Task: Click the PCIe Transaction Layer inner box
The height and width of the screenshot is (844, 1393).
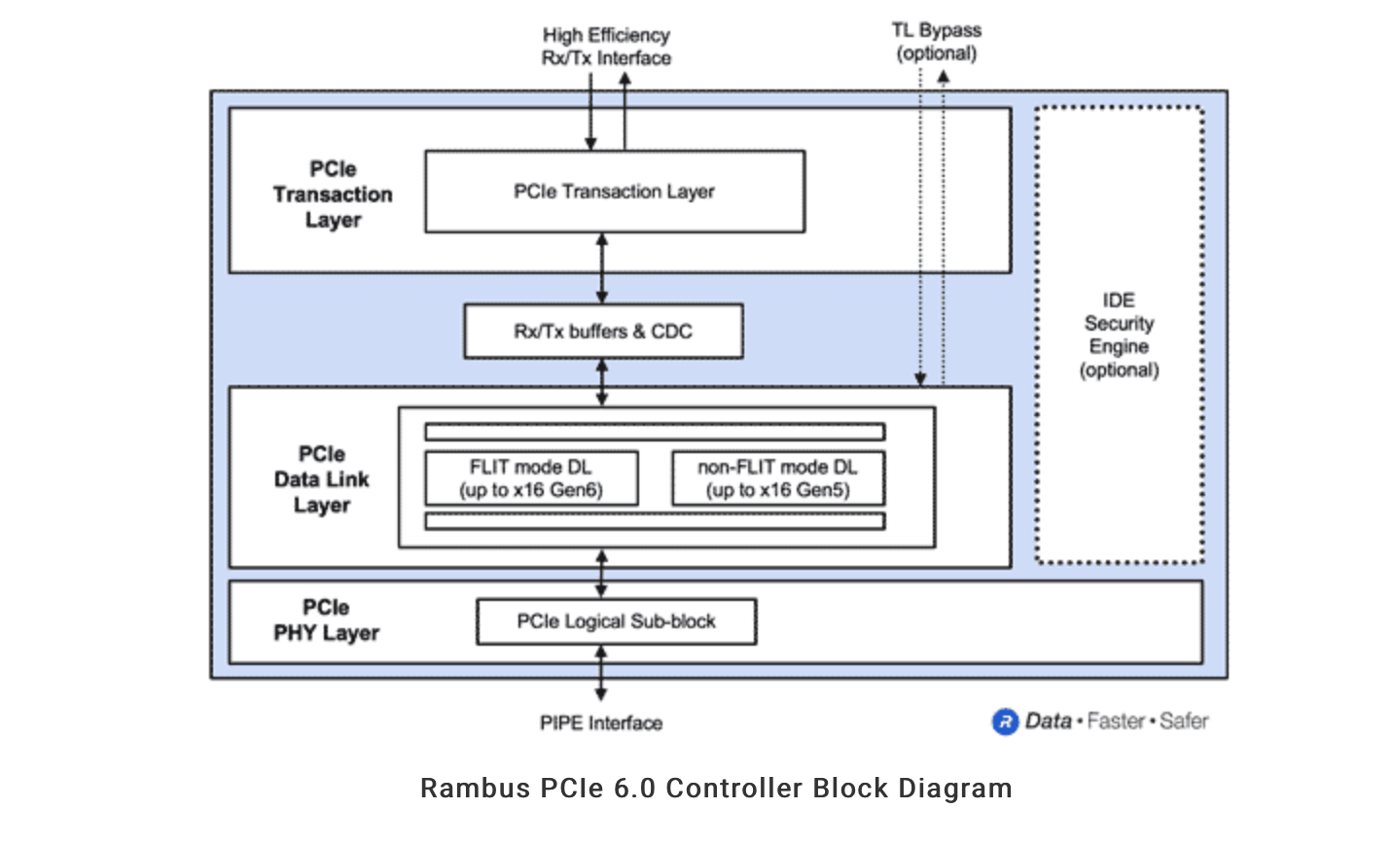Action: (x=614, y=192)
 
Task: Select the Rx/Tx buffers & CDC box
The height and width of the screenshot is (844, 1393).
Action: (x=603, y=332)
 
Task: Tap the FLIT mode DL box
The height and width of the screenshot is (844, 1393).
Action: (x=531, y=478)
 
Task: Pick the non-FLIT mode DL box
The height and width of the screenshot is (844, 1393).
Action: (x=777, y=478)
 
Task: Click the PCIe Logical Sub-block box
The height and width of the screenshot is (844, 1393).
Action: (x=616, y=621)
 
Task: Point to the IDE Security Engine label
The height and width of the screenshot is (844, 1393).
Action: (x=1119, y=334)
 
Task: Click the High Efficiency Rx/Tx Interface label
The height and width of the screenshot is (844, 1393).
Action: (x=606, y=47)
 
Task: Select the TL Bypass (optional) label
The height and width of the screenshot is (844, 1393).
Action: (x=936, y=42)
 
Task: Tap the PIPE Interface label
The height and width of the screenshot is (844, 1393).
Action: (x=601, y=722)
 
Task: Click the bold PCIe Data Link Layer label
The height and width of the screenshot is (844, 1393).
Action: (x=322, y=479)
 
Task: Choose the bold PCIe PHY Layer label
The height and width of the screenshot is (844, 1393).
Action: (x=326, y=620)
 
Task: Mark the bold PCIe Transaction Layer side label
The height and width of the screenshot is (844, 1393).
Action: (x=333, y=194)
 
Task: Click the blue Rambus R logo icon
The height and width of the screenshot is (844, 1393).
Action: (x=1004, y=721)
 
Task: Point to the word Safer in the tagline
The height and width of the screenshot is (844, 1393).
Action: (x=1184, y=721)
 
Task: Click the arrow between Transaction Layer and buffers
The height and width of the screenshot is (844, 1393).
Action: (x=602, y=268)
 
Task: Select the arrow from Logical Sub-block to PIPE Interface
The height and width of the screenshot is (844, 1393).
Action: (x=601, y=673)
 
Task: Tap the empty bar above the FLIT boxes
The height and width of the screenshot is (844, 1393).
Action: (x=654, y=432)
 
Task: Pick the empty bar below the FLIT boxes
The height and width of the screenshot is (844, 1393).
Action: (x=654, y=521)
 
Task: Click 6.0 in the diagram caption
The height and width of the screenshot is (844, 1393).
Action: (x=633, y=788)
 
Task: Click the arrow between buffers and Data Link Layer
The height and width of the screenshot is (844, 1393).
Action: (x=602, y=381)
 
